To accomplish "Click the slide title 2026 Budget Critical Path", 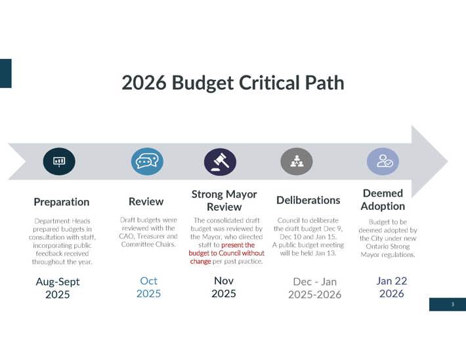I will pos(232,83).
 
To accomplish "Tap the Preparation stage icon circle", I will pos(58,161).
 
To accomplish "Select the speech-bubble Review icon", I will pos(146,161).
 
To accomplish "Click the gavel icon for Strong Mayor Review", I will pos(220,161).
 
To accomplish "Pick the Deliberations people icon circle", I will pos(297,161).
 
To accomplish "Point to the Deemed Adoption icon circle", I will pos(382,161).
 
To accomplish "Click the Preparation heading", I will pos(61,201).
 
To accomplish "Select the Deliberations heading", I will pos(308,199).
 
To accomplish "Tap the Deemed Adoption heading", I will pos(383,199).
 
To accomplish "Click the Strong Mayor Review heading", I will pos(224,200).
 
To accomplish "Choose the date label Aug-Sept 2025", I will pos(58,288).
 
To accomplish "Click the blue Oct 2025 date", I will pos(148,287).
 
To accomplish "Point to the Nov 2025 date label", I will pos(223,287).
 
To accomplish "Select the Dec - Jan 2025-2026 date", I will pos(314,288).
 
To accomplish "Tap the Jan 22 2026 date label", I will pos(391,287).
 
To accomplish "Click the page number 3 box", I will pos(452,304).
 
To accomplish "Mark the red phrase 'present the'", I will pos(238,245).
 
